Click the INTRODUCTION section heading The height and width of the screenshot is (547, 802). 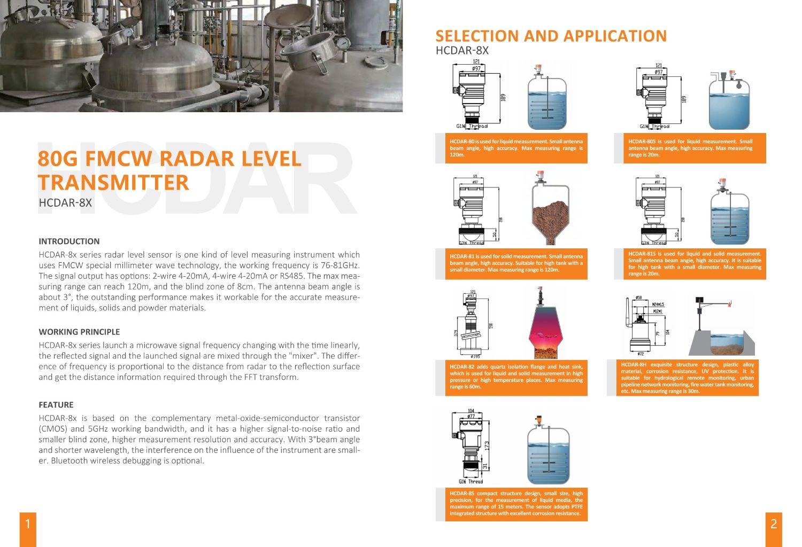[x=69, y=241]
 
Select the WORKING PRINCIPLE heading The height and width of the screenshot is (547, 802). [x=79, y=332]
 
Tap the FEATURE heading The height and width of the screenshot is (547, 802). [x=56, y=405]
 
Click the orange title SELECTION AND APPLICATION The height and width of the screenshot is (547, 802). [x=551, y=36]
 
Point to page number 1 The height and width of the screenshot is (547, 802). [x=28, y=523]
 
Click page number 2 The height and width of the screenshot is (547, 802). [x=773, y=523]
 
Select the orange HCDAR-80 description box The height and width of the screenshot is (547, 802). [x=516, y=148]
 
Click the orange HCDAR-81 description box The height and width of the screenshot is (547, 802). [x=516, y=263]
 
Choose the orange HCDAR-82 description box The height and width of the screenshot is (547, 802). [x=516, y=377]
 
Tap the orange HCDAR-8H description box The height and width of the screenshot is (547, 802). [x=687, y=378]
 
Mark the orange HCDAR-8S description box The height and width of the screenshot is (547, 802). [x=516, y=504]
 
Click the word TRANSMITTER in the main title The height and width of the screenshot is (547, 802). [x=113, y=183]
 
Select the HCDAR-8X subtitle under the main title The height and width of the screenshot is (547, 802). [x=65, y=203]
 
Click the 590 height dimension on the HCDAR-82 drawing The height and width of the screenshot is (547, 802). [x=490, y=326]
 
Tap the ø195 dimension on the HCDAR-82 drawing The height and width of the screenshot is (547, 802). [x=475, y=356]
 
